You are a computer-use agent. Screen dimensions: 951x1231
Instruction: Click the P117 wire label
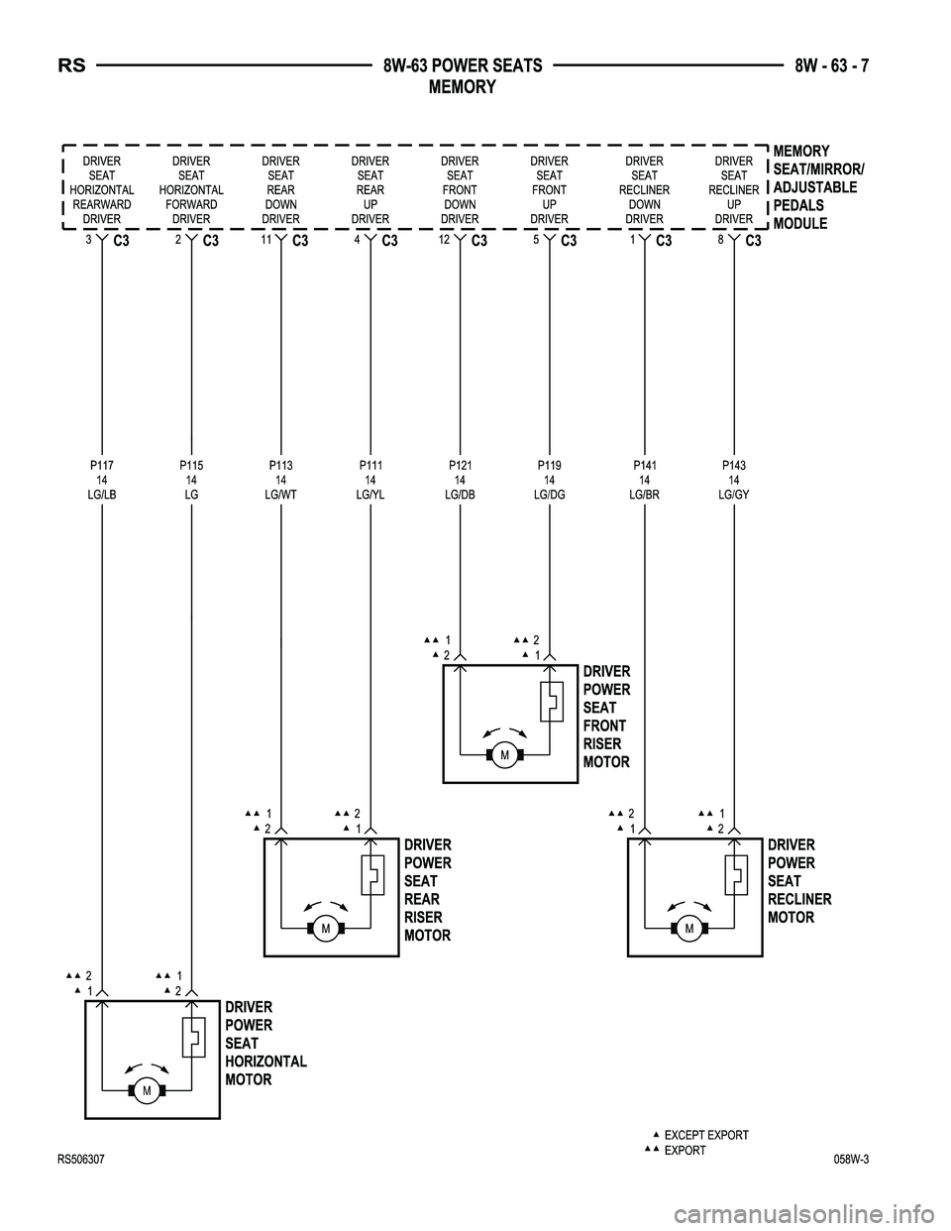click(x=102, y=466)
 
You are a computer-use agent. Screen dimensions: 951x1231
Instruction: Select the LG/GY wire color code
click(x=734, y=495)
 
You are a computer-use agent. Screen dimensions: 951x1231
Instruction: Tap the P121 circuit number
click(x=460, y=466)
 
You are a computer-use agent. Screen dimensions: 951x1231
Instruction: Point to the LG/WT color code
click(x=280, y=495)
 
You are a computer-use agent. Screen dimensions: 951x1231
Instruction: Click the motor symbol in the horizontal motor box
click(x=147, y=1090)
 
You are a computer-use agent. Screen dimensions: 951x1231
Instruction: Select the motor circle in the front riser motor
click(x=505, y=755)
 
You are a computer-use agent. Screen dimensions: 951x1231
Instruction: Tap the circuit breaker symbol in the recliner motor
click(x=736, y=874)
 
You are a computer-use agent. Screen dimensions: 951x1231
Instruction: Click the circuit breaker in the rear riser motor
click(x=372, y=874)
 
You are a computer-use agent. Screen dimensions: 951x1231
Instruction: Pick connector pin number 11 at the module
click(x=266, y=240)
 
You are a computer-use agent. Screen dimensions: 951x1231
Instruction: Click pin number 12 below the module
click(x=445, y=240)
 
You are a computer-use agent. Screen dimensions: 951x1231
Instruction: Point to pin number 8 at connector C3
click(x=720, y=240)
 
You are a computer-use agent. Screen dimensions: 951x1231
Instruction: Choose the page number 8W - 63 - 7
click(x=831, y=66)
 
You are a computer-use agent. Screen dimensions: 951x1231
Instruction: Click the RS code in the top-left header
click(x=72, y=66)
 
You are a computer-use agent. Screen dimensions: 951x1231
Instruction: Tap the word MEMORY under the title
click(x=462, y=87)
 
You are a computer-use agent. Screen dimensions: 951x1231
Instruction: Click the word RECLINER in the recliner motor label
click(x=799, y=899)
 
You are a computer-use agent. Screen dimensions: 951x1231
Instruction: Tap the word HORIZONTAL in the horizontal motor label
click(x=266, y=1062)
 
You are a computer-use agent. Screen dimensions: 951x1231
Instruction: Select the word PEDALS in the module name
click(x=798, y=205)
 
